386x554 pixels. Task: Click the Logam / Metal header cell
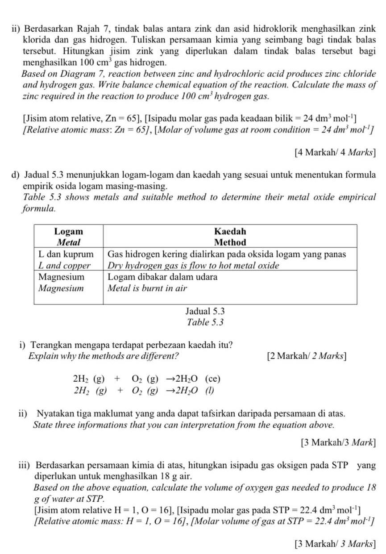pyautogui.click(x=69, y=237)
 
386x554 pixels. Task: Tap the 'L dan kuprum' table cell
pyautogui.click(x=66, y=254)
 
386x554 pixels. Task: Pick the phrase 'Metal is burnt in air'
pyautogui.click(x=147, y=288)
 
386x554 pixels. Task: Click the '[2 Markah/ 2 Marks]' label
pyautogui.click(x=306, y=356)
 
